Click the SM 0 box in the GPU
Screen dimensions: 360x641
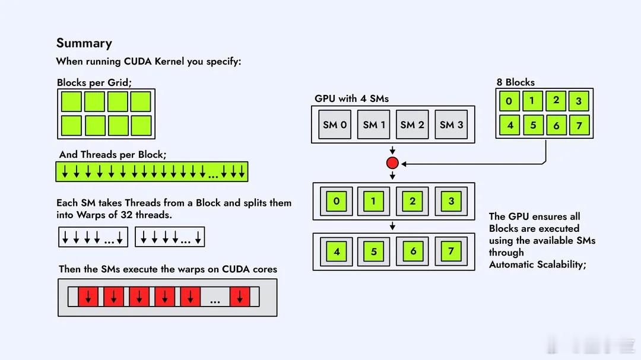[x=335, y=125]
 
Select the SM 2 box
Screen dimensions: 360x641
[x=412, y=125]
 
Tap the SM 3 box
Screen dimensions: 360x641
[x=451, y=125]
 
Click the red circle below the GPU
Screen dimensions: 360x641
[x=392, y=163]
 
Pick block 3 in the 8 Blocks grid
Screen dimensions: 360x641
[x=579, y=101]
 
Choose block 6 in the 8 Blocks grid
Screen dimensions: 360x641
[x=556, y=125]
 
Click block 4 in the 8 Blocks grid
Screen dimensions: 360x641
[x=509, y=125]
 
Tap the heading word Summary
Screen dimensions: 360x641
[x=84, y=43]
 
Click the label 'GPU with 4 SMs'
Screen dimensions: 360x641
[x=351, y=98]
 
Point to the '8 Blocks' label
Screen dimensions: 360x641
[x=515, y=82]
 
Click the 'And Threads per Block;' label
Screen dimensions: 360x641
[x=113, y=154]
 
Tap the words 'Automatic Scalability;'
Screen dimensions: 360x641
[x=537, y=265]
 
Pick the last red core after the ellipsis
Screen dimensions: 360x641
[x=240, y=297]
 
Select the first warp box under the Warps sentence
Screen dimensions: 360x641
[x=93, y=237]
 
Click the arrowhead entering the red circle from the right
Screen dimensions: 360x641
[x=404, y=163]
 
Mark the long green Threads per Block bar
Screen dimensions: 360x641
[x=151, y=171]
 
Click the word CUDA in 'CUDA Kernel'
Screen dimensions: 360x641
[x=139, y=61]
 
